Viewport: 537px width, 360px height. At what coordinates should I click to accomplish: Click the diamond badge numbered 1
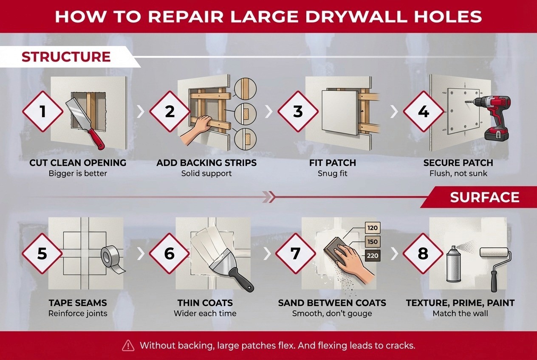pyautogui.click(x=42, y=112)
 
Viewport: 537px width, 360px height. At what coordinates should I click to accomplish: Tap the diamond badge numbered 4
pyautogui.click(x=423, y=112)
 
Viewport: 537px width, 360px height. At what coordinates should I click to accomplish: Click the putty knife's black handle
pyautogui.click(x=240, y=279)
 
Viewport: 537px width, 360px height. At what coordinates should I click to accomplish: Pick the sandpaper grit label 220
pyautogui.click(x=372, y=256)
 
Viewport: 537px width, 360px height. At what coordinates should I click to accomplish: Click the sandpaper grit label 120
pyautogui.click(x=372, y=228)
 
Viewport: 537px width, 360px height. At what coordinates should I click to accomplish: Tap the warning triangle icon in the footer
pyautogui.click(x=128, y=346)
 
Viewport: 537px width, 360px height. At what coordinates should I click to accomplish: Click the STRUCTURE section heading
pyautogui.click(x=66, y=57)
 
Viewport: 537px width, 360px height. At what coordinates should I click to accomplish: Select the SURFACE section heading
pyautogui.click(x=485, y=197)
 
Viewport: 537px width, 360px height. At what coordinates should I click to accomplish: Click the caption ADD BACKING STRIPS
pyautogui.click(x=206, y=163)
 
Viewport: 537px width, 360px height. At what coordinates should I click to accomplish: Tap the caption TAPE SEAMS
pyautogui.click(x=78, y=303)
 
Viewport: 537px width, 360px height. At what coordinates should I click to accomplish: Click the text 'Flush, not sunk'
pyautogui.click(x=458, y=174)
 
